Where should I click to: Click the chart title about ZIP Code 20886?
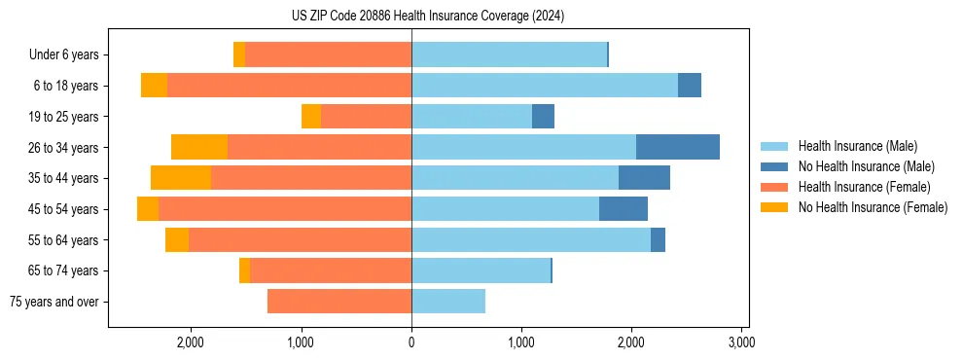coord(428,17)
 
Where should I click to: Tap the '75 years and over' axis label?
coord(54,302)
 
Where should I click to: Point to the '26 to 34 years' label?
coord(64,148)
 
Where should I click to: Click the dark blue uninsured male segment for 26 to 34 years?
coord(677,147)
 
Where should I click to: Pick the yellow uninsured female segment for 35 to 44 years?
coord(181,178)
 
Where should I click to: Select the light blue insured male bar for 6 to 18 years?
coord(545,86)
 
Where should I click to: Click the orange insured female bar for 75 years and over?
coord(339,302)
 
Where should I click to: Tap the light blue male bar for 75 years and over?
coord(448,302)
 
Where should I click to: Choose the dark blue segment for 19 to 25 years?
coord(543,117)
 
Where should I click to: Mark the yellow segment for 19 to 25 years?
coord(311,117)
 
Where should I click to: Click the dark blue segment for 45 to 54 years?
coord(624,209)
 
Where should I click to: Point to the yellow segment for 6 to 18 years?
coord(154,86)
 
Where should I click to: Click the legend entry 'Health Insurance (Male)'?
coord(857,146)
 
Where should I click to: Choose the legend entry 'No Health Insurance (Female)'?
coord(873,207)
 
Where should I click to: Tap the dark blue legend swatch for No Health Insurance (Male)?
coord(775,166)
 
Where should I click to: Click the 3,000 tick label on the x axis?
coord(741,342)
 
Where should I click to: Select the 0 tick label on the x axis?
coord(411,342)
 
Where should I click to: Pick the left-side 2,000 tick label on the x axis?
coord(191,342)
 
